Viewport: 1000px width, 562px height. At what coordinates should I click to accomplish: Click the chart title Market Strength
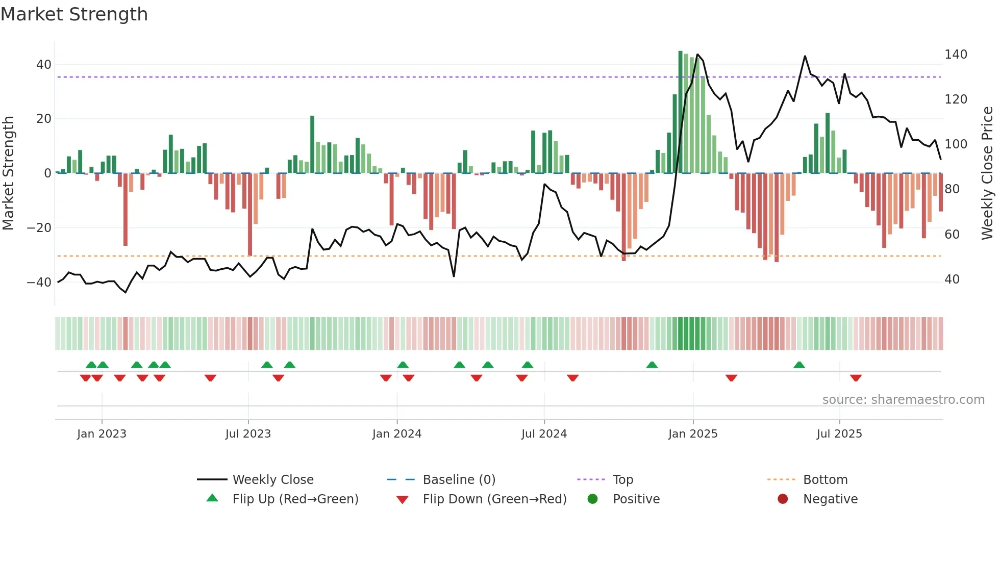click(74, 14)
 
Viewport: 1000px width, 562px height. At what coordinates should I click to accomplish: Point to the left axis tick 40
click(44, 65)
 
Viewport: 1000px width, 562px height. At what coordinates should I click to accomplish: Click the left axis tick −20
click(39, 228)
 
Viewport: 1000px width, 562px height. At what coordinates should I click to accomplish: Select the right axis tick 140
click(956, 55)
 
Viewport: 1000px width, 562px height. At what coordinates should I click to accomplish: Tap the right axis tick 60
click(952, 235)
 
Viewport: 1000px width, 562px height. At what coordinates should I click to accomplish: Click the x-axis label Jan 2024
click(396, 434)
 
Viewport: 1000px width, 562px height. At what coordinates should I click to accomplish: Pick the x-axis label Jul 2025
click(839, 434)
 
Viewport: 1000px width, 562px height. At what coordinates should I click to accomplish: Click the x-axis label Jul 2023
click(248, 434)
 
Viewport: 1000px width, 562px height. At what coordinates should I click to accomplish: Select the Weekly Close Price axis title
click(988, 173)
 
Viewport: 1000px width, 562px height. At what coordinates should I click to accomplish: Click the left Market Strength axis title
click(9, 173)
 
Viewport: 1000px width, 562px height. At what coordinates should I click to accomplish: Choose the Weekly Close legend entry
click(272, 480)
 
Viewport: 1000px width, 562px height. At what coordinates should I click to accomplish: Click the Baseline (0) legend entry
click(459, 480)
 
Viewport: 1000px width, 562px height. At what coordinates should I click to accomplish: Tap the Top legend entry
click(622, 480)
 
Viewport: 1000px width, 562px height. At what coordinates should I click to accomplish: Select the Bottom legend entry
click(825, 480)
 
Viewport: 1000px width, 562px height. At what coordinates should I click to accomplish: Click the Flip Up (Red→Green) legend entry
click(295, 499)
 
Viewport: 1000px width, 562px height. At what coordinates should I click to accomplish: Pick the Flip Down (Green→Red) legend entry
click(494, 499)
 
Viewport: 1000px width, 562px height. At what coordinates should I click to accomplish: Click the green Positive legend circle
click(592, 499)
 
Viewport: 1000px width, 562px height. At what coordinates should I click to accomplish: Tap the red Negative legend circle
click(783, 499)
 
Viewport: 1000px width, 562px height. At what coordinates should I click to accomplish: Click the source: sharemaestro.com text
click(903, 400)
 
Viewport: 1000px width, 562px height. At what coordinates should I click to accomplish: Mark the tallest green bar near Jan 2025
click(680, 112)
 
